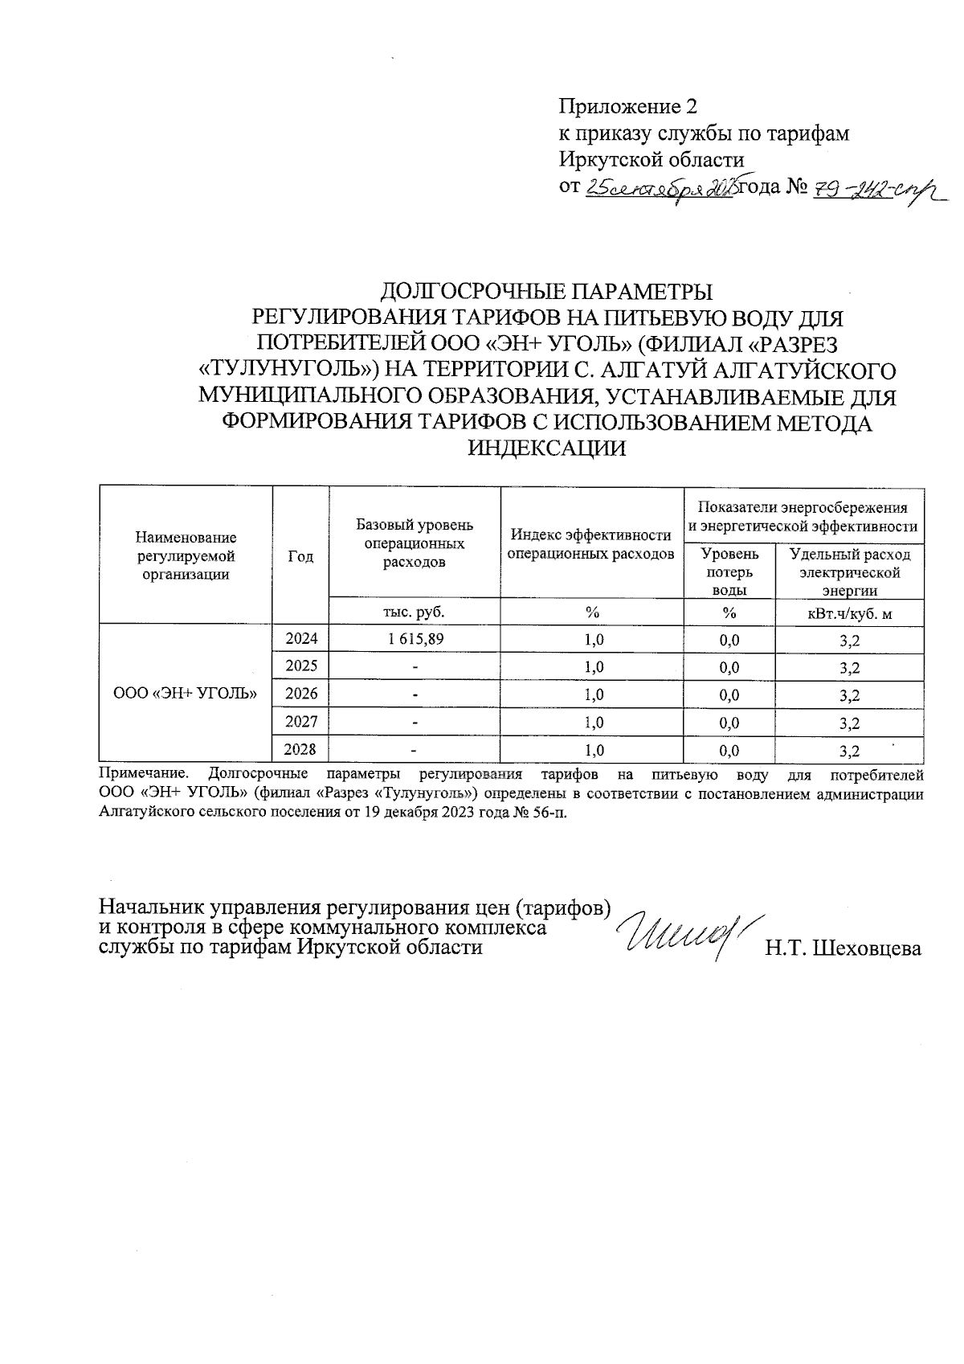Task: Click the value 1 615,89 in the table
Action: (415, 639)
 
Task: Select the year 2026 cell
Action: (301, 694)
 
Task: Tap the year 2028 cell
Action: (301, 750)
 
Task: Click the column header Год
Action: (300, 556)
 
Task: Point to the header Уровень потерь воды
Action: (729, 571)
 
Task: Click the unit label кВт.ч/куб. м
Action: (849, 613)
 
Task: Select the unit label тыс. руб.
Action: (415, 612)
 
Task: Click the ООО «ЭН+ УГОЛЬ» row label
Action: (186, 693)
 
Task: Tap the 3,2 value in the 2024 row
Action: (849, 641)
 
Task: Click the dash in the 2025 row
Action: (415, 667)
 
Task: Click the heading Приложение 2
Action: (628, 106)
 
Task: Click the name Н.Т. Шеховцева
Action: (843, 948)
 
